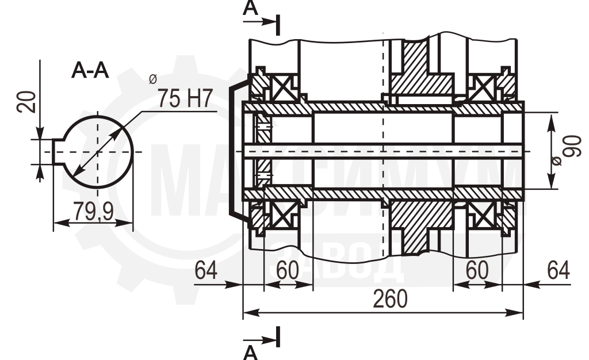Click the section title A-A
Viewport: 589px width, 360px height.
90,70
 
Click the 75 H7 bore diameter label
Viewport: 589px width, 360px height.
185,98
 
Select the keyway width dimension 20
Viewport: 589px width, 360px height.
26,102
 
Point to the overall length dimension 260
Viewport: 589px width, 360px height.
391,299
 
